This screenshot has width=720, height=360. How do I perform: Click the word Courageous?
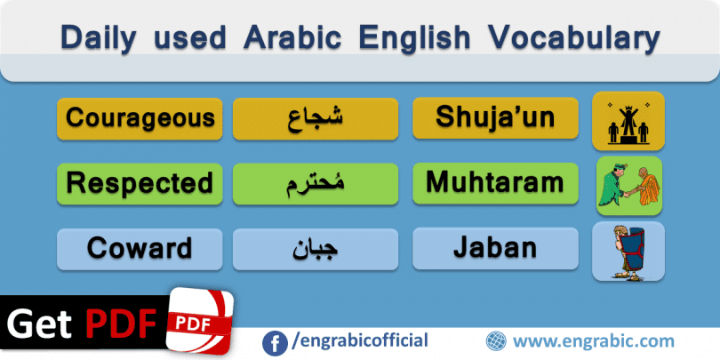(x=140, y=118)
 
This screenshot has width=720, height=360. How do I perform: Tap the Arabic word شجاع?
(x=316, y=119)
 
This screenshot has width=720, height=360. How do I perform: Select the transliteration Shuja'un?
(x=495, y=116)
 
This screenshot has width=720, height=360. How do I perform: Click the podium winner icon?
(x=628, y=122)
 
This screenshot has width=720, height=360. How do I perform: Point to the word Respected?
(x=140, y=183)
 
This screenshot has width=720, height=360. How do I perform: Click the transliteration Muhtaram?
(x=495, y=182)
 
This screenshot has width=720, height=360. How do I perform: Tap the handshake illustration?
(x=629, y=187)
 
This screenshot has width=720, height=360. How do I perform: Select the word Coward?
(x=140, y=248)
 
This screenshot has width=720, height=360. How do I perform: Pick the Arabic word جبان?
(x=316, y=250)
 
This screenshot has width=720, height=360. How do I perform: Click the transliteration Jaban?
(x=495, y=248)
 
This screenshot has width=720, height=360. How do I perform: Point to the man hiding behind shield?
(x=628, y=252)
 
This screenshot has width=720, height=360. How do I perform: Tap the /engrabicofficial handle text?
(x=359, y=340)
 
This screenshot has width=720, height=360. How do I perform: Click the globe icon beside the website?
(x=496, y=341)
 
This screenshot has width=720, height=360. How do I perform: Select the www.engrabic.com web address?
(x=594, y=341)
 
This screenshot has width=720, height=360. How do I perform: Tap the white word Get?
(x=39, y=324)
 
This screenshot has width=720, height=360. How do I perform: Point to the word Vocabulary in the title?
(x=574, y=37)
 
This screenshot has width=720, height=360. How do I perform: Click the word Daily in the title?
(x=99, y=37)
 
